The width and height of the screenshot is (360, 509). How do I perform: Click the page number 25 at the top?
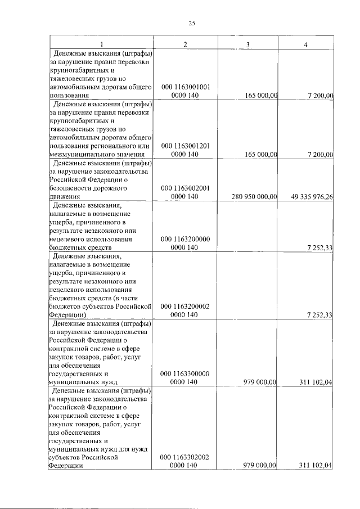(191, 23)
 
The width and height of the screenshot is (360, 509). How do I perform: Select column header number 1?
(102, 44)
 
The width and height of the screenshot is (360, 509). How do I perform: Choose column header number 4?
(305, 44)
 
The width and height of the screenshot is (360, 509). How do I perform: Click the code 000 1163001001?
(185, 88)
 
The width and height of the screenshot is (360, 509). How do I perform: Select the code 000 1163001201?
(185, 146)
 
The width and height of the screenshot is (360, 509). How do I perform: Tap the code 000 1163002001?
(185, 188)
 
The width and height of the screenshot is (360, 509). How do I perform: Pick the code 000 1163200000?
(185, 239)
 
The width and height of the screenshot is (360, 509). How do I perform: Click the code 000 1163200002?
(185, 307)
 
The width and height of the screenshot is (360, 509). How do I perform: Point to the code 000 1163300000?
(185, 373)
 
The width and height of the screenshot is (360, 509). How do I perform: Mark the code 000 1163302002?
(185, 457)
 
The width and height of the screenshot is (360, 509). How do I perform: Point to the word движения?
(65, 197)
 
